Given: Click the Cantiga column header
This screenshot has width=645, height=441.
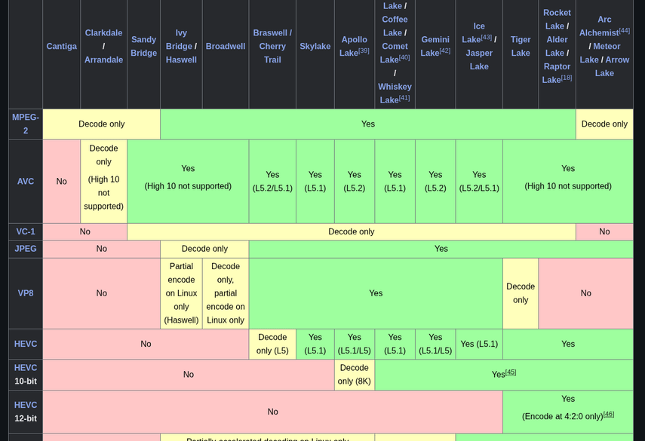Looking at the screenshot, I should pos(61,47).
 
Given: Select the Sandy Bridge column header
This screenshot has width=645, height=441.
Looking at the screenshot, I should pos(143,47).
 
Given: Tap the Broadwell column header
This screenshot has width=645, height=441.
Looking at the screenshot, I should pos(225,47).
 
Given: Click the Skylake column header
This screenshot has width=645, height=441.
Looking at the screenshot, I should pos(315,47).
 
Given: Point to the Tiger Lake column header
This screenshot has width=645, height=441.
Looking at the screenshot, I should pos(521,47).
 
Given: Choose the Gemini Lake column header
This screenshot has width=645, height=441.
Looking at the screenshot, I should pos(435,47).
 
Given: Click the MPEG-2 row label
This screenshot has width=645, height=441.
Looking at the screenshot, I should pos(26,124).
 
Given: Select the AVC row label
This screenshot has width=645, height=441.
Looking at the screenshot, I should pos(26,182).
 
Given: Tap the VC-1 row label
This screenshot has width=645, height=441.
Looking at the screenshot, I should pos(26,232).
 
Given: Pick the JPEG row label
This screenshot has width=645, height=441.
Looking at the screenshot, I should pos(26,249).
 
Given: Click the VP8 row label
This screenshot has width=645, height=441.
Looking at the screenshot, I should pos(26,293).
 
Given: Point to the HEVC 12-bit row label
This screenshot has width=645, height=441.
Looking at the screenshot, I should pos(26,412).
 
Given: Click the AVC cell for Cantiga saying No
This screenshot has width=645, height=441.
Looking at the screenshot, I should pos(61,182).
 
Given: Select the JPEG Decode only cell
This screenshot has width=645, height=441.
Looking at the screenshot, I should pos(204,249).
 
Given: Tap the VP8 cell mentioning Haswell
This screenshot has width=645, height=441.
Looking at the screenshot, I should pos(181,293).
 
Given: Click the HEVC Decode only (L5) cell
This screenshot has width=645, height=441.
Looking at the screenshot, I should pos(272,344).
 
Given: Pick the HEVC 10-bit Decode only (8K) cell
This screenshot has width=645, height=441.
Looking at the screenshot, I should pos(354,375).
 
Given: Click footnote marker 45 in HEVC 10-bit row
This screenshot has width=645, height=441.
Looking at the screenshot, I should pos(511,372).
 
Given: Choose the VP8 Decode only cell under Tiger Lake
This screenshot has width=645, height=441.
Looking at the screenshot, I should pos(521,293).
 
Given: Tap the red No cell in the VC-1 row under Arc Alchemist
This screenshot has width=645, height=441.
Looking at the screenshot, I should pos(604,232).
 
